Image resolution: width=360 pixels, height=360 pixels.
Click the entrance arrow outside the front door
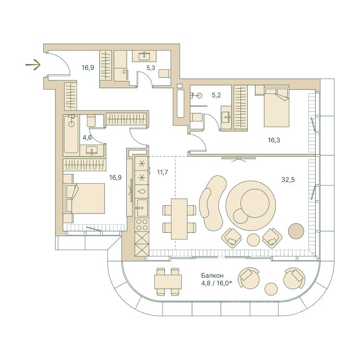tap(33, 65)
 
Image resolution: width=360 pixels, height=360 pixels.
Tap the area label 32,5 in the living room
tap(288, 180)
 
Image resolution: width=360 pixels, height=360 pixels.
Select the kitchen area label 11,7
tap(162, 172)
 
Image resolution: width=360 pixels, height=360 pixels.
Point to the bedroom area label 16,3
tap(274, 140)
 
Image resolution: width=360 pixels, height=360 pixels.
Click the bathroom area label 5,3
tap(151, 68)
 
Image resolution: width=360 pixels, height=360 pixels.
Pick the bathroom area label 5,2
tap(216, 95)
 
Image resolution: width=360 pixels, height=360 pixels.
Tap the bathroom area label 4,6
tap(87, 137)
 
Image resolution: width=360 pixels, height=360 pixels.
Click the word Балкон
tap(213, 275)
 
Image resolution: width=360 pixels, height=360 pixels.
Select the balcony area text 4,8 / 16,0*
tap(216, 283)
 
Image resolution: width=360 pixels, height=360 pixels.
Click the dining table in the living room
tap(179, 219)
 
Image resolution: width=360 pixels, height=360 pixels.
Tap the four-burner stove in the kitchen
tap(142, 225)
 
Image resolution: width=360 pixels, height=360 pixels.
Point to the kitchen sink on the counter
tap(142, 208)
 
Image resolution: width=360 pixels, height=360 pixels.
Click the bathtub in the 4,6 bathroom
tap(71, 134)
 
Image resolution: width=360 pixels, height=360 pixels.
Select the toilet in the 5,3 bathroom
tap(165, 73)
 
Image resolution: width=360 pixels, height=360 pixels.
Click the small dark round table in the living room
tap(296, 231)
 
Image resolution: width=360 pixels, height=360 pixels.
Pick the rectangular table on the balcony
tap(168, 281)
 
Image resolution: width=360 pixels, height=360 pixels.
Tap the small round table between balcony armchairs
tap(271, 289)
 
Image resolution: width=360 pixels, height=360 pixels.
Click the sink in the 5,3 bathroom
tap(144, 55)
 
